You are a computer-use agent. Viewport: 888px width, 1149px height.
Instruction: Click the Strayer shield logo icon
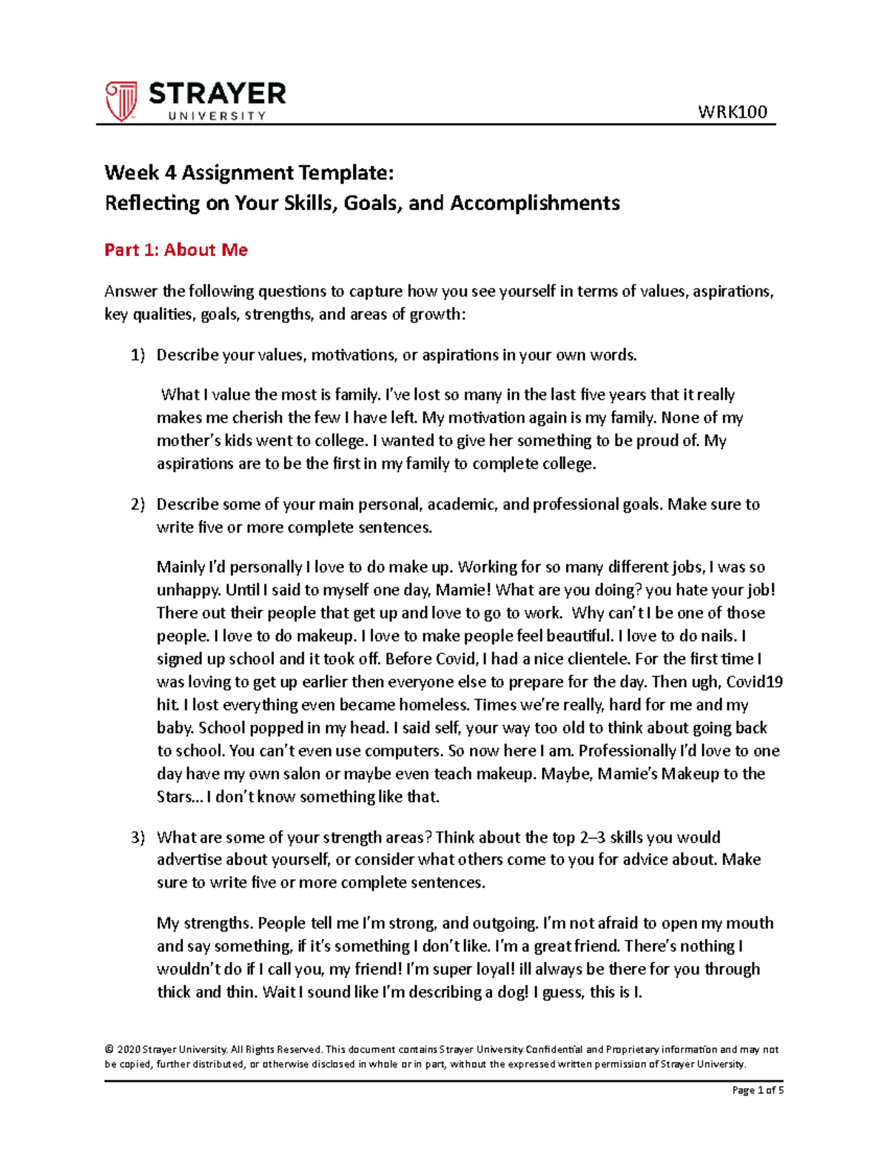coord(121,101)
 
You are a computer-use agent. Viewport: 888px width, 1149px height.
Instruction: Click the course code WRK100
coord(732,112)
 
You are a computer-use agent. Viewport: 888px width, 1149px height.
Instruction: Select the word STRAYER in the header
coord(217,94)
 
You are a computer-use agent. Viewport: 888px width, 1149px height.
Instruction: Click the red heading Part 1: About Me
coord(176,250)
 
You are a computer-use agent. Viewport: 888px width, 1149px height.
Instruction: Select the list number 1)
coord(138,355)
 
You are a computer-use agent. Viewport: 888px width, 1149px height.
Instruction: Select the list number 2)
coord(138,505)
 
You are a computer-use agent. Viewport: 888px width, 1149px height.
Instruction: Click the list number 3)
coord(138,838)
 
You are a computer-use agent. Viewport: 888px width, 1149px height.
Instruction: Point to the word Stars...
coord(178,797)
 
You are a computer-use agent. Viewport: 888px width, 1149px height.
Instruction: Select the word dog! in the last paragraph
coord(512,992)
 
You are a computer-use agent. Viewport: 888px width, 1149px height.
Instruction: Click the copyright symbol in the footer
coord(110,1049)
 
